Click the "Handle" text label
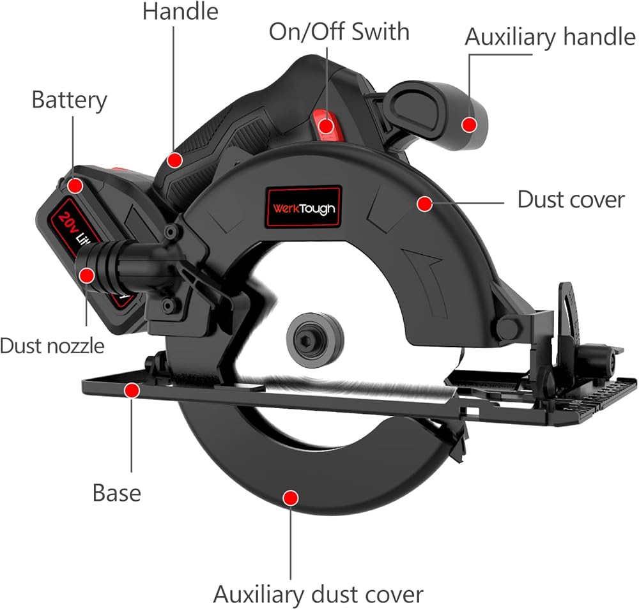tap(180, 11)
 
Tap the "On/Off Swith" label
tap(339, 32)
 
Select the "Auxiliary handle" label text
tap(550, 37)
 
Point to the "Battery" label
tap(69, 100)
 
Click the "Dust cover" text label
tap(571, 200)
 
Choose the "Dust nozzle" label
tap(52, 346)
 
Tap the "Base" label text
tap(117, 492)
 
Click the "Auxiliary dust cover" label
tap(318, 595)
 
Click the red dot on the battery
tap(75, 186)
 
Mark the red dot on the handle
tap(175, 160)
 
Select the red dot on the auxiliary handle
tap(470, 125)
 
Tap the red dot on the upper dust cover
tap(425, 204)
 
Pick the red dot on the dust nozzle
tap(87, 277)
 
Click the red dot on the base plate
tap(132, 391)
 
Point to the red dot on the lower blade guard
tap(291, 498)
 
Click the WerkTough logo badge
tap(304, 206)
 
